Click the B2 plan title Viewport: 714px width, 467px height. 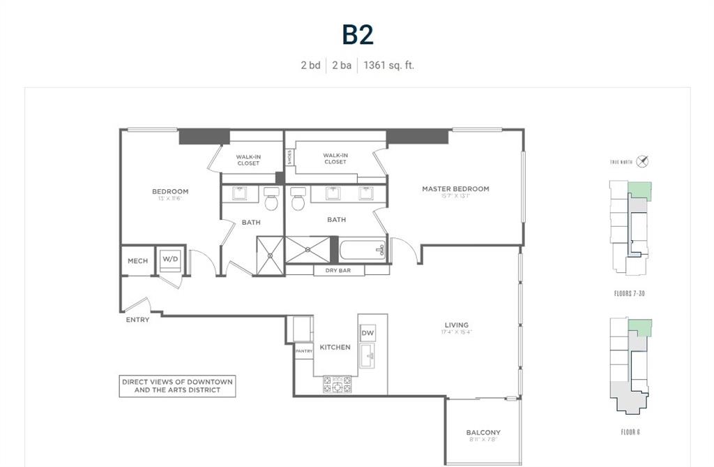point(357,35)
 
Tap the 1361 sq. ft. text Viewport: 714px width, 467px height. point(388,65)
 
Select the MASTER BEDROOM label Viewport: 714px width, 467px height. point(455,188)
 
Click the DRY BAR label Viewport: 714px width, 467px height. point(337,270)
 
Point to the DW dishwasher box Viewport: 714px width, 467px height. point(367,333)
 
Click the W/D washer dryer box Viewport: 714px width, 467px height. point(170,259)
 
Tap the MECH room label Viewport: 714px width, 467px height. point(137,261)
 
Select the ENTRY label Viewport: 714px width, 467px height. point(137,320)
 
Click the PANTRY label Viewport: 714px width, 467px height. point(303,351)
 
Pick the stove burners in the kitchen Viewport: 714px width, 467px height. point(337,385)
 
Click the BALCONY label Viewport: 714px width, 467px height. point(483,432)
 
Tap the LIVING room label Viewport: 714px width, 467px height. point(457,325)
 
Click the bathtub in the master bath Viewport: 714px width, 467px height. point(363,250)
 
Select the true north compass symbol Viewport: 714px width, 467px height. point(643,161)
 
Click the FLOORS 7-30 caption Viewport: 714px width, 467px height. point(629,294)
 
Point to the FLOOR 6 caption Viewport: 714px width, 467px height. point(630,432)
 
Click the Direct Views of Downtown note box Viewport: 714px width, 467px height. point(177,386)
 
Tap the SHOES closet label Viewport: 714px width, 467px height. point(289,158)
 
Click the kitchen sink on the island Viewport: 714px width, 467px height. point(367,356)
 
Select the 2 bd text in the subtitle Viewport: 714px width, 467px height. point(310,65)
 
